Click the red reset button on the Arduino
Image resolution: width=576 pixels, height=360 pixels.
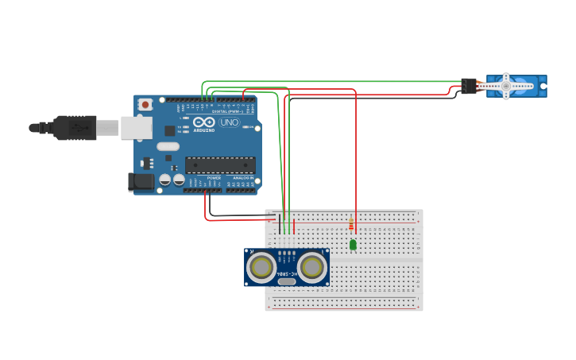(x=145, y=104)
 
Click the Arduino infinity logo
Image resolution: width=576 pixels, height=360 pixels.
(x=204, y=123)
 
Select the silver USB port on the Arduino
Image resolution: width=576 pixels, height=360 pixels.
(x=136, y=127)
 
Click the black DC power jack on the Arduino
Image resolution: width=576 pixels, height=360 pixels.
(x=141, y=182)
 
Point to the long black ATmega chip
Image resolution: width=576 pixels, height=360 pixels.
(x=220, y=165)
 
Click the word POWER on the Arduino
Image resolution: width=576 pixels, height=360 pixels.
(x=214, y=178)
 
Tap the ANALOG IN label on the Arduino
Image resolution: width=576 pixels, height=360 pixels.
(x=242, y=178)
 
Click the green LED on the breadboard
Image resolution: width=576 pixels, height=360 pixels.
(x=353, y=245)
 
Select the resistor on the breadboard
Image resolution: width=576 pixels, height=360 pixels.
(x=351, y=225)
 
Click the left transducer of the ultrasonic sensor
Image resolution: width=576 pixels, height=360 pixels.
(x=261, y=267)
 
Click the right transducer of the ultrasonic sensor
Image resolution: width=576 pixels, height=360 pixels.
(x=312, y=267)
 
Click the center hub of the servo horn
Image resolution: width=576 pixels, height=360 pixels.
(x=506, y=86)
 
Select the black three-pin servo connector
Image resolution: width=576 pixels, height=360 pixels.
(x=469, y=86)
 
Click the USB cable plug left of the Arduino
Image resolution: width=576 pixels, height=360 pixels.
(x=75, y=127)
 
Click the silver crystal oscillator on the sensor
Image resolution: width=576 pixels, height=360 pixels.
(x=287, y=281)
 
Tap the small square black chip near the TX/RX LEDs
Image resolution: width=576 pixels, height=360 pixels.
(x=169, y=130)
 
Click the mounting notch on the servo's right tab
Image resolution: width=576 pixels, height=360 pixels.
(x=543, y=86)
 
